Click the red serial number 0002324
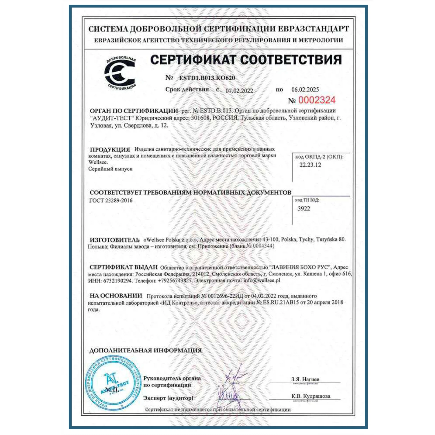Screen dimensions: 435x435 317,100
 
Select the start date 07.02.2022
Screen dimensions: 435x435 239,90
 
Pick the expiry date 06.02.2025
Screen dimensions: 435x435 305,90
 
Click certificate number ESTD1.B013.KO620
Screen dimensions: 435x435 207,78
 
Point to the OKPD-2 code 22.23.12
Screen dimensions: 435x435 310,165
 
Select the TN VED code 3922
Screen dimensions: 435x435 304,209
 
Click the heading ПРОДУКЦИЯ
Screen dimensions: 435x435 110,150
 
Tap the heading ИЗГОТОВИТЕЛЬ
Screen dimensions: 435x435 115,240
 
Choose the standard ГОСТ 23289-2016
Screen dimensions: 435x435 111,200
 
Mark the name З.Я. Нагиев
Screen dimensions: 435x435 305,379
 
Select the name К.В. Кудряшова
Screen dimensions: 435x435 311,396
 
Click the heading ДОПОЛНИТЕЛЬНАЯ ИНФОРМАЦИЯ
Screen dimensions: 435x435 146,350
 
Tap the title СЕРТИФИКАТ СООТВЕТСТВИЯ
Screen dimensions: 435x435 246,60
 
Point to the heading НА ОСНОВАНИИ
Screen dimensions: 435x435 116,296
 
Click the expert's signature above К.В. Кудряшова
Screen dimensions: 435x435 229,396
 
